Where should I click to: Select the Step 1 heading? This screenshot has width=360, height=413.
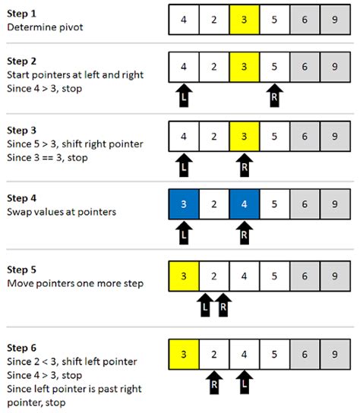pyautogui.click(x=22, y=14)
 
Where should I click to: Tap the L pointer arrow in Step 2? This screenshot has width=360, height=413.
pyautogui.click(x=184, y=96)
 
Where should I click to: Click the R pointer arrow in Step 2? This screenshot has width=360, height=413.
pyautogui.click(x=274, y=96)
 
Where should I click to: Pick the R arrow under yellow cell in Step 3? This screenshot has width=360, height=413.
pyautogui.click(x=244, y=165)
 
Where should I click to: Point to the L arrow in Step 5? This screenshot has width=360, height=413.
pyautogui.click(x=204, y=307)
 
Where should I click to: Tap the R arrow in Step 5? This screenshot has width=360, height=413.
pyautogui.click(x=223, y=307)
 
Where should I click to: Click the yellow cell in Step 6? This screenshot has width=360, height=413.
pyautogui.click(x=184, y=354)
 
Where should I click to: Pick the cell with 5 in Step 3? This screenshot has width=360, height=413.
pyautogui.click(x=274, y=138)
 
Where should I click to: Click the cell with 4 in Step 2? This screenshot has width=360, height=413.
pyautogui.click(x=184, y=67)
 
